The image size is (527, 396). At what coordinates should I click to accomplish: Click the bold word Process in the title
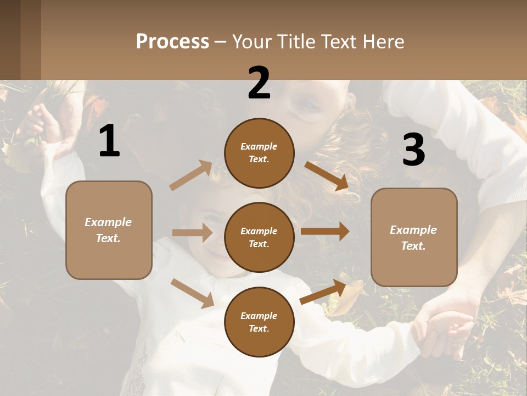172,42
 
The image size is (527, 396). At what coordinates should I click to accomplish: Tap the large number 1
109,141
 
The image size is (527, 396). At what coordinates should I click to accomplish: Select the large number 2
259,83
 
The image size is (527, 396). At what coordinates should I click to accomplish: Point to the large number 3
413,150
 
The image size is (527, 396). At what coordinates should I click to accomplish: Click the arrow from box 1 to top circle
191,175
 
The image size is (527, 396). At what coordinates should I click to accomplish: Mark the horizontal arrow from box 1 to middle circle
192,233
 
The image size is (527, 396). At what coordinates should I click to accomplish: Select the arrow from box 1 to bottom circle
192,293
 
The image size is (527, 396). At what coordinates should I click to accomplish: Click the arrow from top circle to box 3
326,176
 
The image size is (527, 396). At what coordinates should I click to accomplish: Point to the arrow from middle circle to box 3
325,232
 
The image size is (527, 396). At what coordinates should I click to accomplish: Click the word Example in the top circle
259,147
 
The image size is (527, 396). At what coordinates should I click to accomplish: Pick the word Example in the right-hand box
413,230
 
